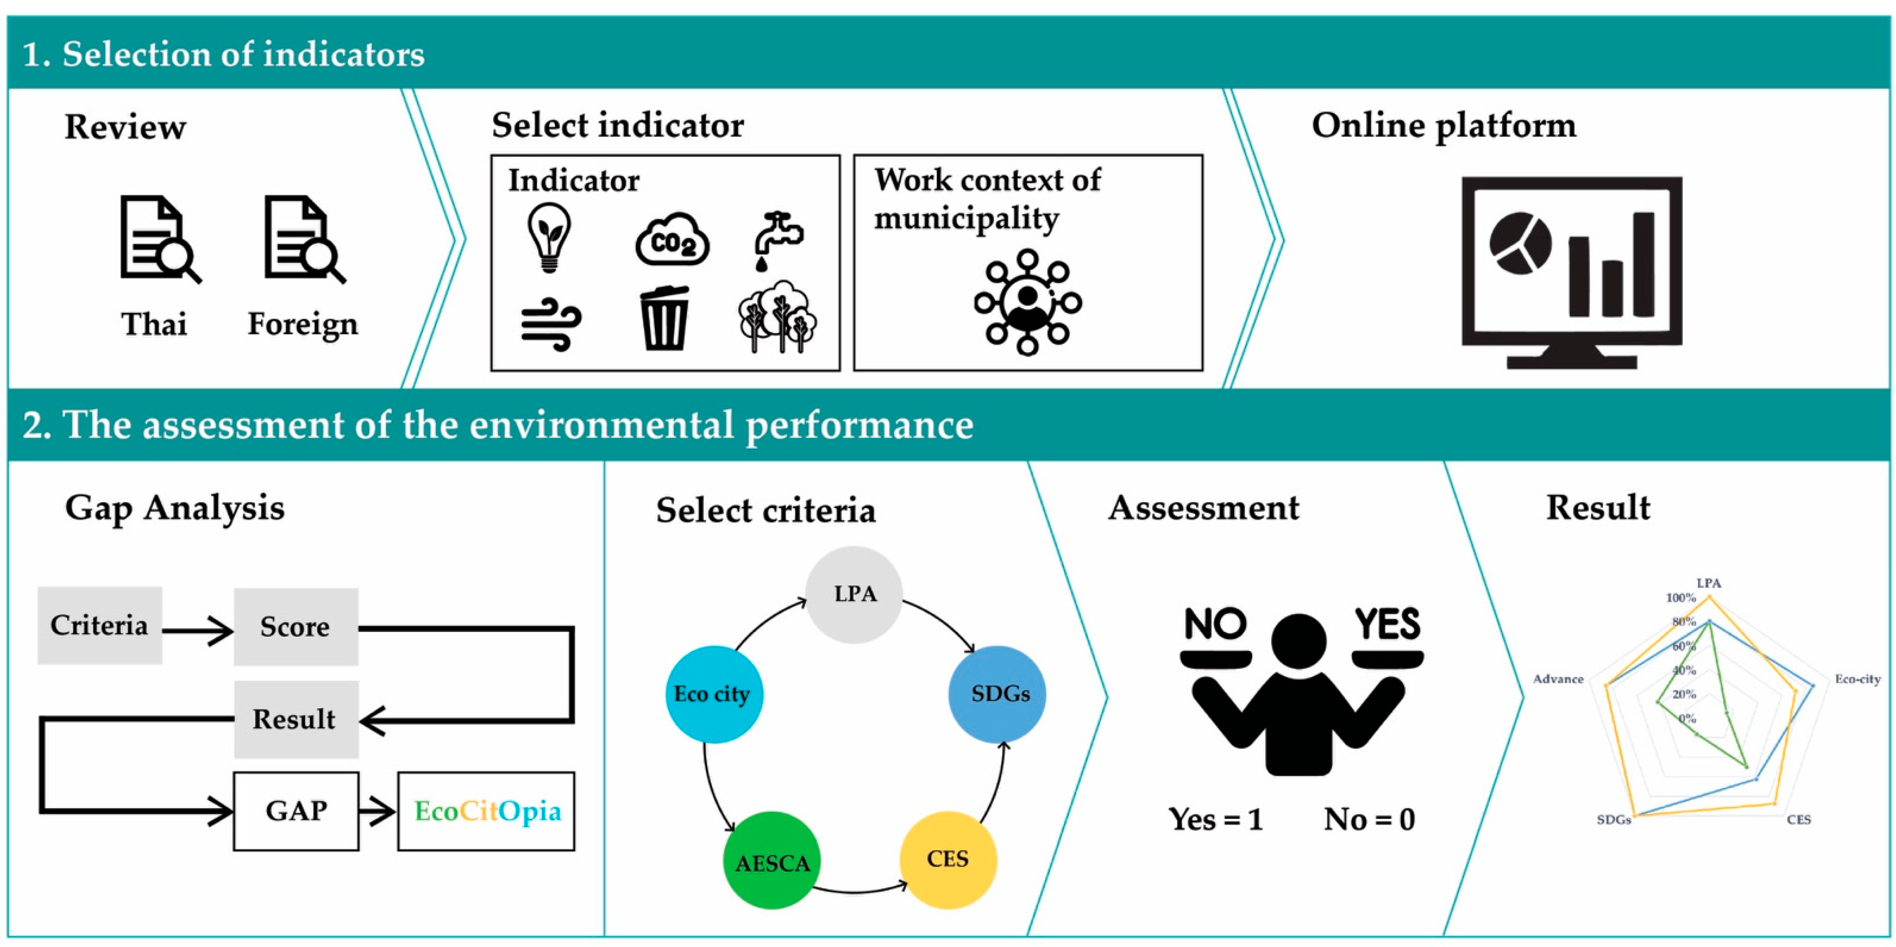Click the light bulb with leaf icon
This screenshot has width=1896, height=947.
549,238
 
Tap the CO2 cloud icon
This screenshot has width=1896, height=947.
672,241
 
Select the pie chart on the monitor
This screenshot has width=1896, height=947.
1520,243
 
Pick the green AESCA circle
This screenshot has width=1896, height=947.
771,860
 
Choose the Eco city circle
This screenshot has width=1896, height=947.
712,694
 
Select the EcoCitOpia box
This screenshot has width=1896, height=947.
487,811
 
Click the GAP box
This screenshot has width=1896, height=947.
296,811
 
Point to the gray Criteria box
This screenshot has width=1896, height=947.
99,625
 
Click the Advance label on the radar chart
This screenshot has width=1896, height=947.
1557,679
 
